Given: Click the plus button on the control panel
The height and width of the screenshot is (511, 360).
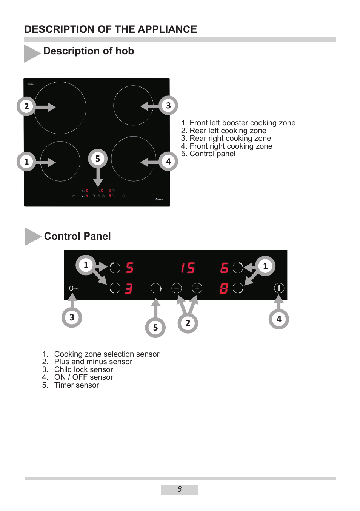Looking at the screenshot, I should [x=197, y=288].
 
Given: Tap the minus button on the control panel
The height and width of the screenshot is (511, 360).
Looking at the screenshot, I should [x=177, y=288].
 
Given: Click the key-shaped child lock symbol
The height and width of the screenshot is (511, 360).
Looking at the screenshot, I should [x=74, y=288].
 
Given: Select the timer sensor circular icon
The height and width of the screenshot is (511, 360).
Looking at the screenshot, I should [x=156, y=288].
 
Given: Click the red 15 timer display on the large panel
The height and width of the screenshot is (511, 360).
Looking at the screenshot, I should [x=188, y=268].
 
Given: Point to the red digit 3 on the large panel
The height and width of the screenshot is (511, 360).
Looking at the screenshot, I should [x=129, y=289].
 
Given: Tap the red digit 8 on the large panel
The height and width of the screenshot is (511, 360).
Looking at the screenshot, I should [x=224, y=289].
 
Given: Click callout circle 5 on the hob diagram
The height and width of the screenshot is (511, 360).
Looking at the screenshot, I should [x=98, y=159].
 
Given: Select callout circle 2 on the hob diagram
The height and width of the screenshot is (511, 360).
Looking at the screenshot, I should [x=26, y=106].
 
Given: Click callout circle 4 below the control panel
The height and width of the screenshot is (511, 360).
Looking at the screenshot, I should [x=279, y=319].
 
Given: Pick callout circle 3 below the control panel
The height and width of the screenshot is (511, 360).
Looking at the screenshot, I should [x=72, y=317].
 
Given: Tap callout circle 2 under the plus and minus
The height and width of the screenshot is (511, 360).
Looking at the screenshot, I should [x=188, y=323].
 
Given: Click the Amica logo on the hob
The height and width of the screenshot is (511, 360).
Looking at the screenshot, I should [x=159, y=199].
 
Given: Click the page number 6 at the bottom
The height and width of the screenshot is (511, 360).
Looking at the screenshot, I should [x=180, y=489].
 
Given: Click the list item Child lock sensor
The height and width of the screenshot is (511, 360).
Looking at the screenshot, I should [x=83, y=369].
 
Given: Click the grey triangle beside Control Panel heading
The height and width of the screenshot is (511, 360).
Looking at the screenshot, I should [x=32, y=236].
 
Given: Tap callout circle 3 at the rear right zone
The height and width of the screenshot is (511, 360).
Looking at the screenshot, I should [x=168, y=106].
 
